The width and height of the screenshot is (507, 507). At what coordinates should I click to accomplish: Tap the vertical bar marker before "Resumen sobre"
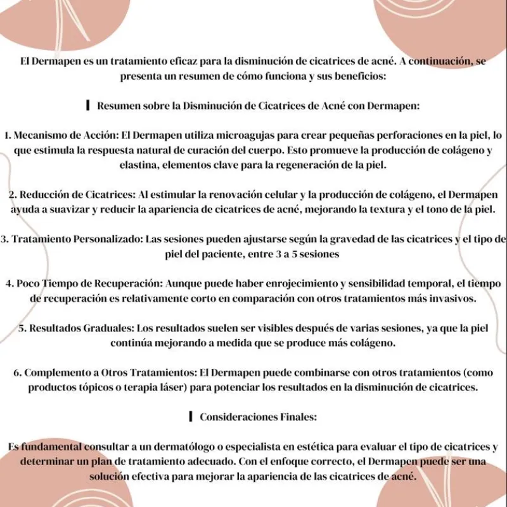click(x=87, y=105)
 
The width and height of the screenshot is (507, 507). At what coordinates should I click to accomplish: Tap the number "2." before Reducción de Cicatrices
click(x=13, y=194)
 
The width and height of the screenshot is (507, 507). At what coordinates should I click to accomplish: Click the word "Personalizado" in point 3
click(x=107, y=239)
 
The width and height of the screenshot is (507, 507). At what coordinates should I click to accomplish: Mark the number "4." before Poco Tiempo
click(x=10, y=283)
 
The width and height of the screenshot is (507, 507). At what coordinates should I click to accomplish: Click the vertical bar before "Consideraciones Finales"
click(x=190, y=416)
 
